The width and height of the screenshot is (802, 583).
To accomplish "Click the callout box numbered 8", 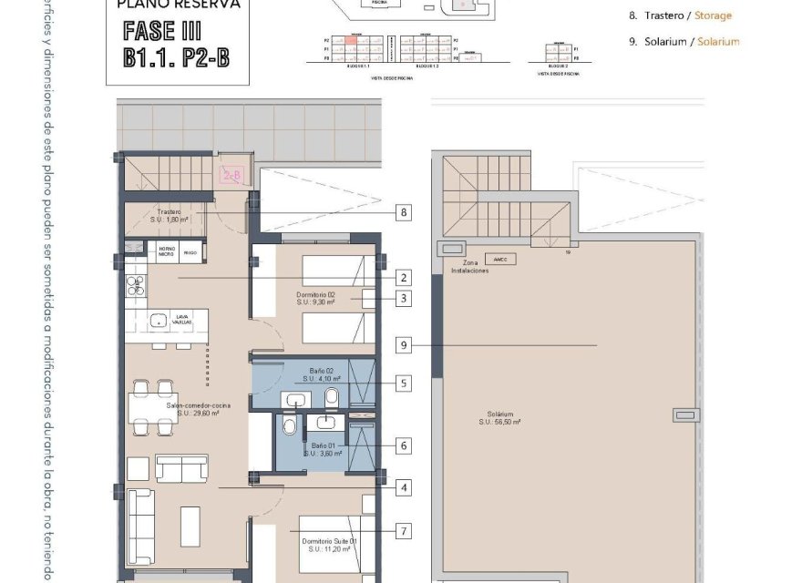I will (403, 213).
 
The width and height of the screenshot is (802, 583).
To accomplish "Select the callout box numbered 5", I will (403, 384).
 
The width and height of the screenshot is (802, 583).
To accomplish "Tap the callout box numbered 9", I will (403, 345).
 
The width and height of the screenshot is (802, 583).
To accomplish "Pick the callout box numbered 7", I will (403, 530).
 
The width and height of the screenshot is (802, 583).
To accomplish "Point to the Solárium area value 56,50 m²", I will (500, 422).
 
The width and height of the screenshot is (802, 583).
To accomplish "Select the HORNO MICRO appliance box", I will (168, 252).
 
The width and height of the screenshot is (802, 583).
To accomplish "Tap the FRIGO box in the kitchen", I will (190, 252).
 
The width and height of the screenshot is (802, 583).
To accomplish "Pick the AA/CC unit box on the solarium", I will (499, 260).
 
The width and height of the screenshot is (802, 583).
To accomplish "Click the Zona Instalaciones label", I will (464, 266).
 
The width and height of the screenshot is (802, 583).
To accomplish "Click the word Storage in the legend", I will (714, 15).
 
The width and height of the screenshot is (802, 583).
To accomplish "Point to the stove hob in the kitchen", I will (136, 286).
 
